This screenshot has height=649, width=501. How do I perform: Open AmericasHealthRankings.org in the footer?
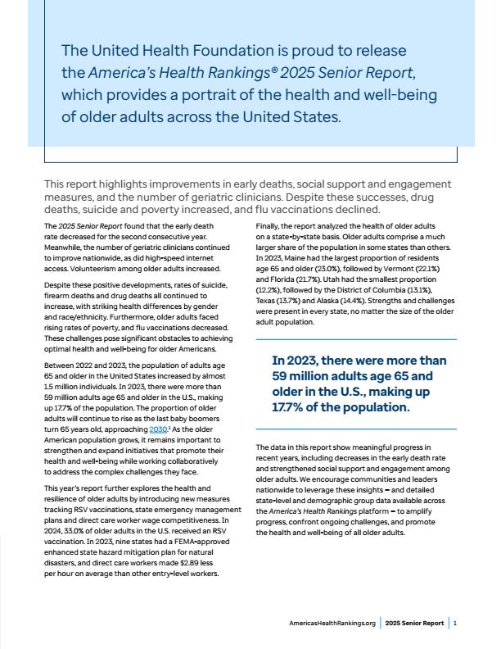[332, 624]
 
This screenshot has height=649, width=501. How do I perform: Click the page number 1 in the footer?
[454, 624]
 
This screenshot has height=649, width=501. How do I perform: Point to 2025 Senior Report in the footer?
[415, 624]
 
